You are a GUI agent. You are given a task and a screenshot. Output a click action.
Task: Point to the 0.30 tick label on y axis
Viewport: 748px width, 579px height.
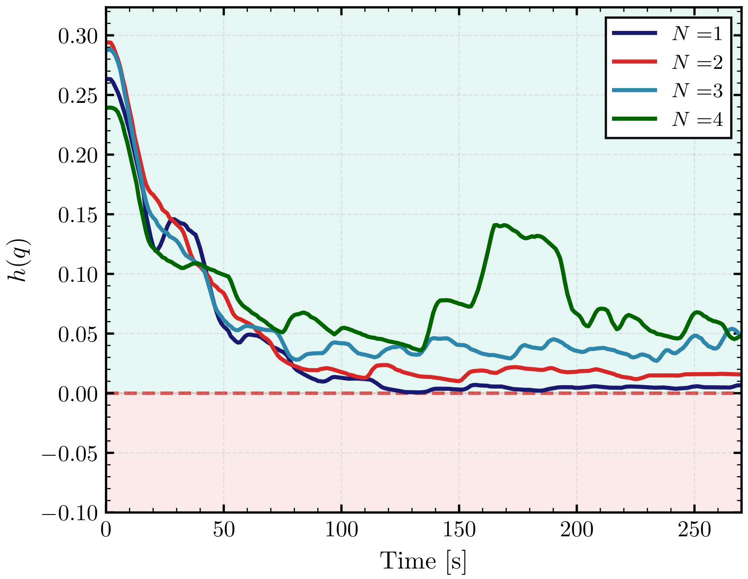tap(78, 36)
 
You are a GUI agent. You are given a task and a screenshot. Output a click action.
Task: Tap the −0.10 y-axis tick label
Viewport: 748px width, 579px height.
tap(71, 513)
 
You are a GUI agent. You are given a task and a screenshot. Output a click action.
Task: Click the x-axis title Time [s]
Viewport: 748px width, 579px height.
tap(423, 561)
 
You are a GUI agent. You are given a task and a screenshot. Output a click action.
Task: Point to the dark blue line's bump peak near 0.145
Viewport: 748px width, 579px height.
tap(173, 219)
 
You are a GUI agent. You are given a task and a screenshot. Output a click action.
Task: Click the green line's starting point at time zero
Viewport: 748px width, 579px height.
tap(107, 108)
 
